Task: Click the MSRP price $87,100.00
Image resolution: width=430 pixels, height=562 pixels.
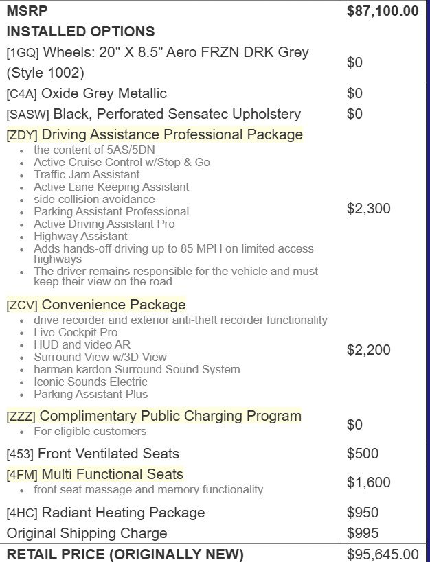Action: click(x=383, y=11)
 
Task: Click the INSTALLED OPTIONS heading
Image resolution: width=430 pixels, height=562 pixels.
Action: click(x=80, y=32)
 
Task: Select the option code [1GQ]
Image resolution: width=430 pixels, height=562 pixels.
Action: click(x=23, y=53)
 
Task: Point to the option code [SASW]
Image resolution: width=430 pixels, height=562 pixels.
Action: click(x=27, y=115)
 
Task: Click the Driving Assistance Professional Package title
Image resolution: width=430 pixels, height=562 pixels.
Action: click(x=172, y=134)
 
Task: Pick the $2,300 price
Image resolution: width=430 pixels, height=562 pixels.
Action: click(x=368, y=209)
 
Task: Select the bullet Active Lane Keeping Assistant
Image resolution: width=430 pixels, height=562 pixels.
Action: click(x=111, y=187)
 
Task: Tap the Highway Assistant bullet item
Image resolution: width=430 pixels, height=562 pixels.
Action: click(x=80, y=236)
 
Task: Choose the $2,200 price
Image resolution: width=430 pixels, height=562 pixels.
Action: click(x=368, y=350)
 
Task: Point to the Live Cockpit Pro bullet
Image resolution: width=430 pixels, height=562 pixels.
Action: click(x=76, y=332)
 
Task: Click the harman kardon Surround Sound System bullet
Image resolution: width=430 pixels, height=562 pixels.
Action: click(x=137, y=369)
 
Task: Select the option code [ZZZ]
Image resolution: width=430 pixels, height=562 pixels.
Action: click(x=21, y=417)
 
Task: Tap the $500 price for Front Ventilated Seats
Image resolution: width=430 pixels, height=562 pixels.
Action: click(x=363, y=454)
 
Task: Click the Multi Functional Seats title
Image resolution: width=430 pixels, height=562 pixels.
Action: click(x=113, y=474)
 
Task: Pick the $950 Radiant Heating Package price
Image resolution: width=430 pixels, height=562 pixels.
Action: click(x=363, y=513)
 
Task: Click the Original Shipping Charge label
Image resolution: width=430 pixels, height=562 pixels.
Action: click(x=87, y=533)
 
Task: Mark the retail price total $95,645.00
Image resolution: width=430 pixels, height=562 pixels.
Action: click(x=383, y=554)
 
